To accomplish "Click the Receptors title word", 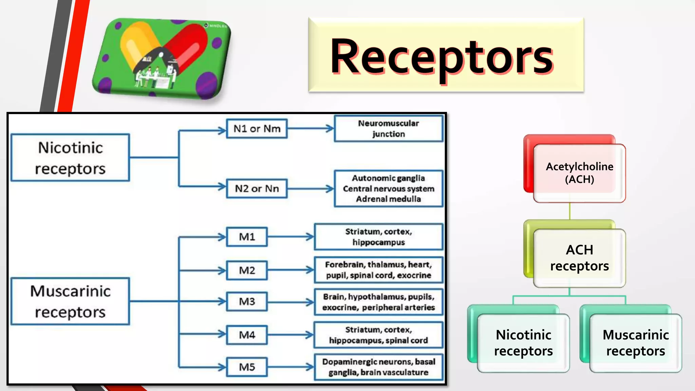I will coord(441,56).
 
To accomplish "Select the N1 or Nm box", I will coord(257,129).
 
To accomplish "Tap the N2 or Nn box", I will coord(257,188).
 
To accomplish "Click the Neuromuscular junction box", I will coord(389,129).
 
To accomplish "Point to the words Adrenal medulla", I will coord(389,199).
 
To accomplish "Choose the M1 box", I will coord(247,237).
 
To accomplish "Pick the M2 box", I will coord(247,271).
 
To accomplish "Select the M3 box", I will coord(247,301).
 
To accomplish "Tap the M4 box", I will coord(247,335).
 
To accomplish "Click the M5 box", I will coord(247,367).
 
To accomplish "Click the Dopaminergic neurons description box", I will coord(378,367).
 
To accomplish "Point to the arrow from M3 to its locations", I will coord(290,302).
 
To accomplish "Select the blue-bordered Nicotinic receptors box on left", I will coord(70,158).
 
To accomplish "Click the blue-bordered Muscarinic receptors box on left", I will coord(70,301).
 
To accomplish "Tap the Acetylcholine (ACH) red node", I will coord(579,173).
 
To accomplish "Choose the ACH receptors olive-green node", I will coord(579,258).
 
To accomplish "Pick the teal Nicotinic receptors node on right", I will coord(523,343).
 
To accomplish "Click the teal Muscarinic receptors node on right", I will coord(635,343).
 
